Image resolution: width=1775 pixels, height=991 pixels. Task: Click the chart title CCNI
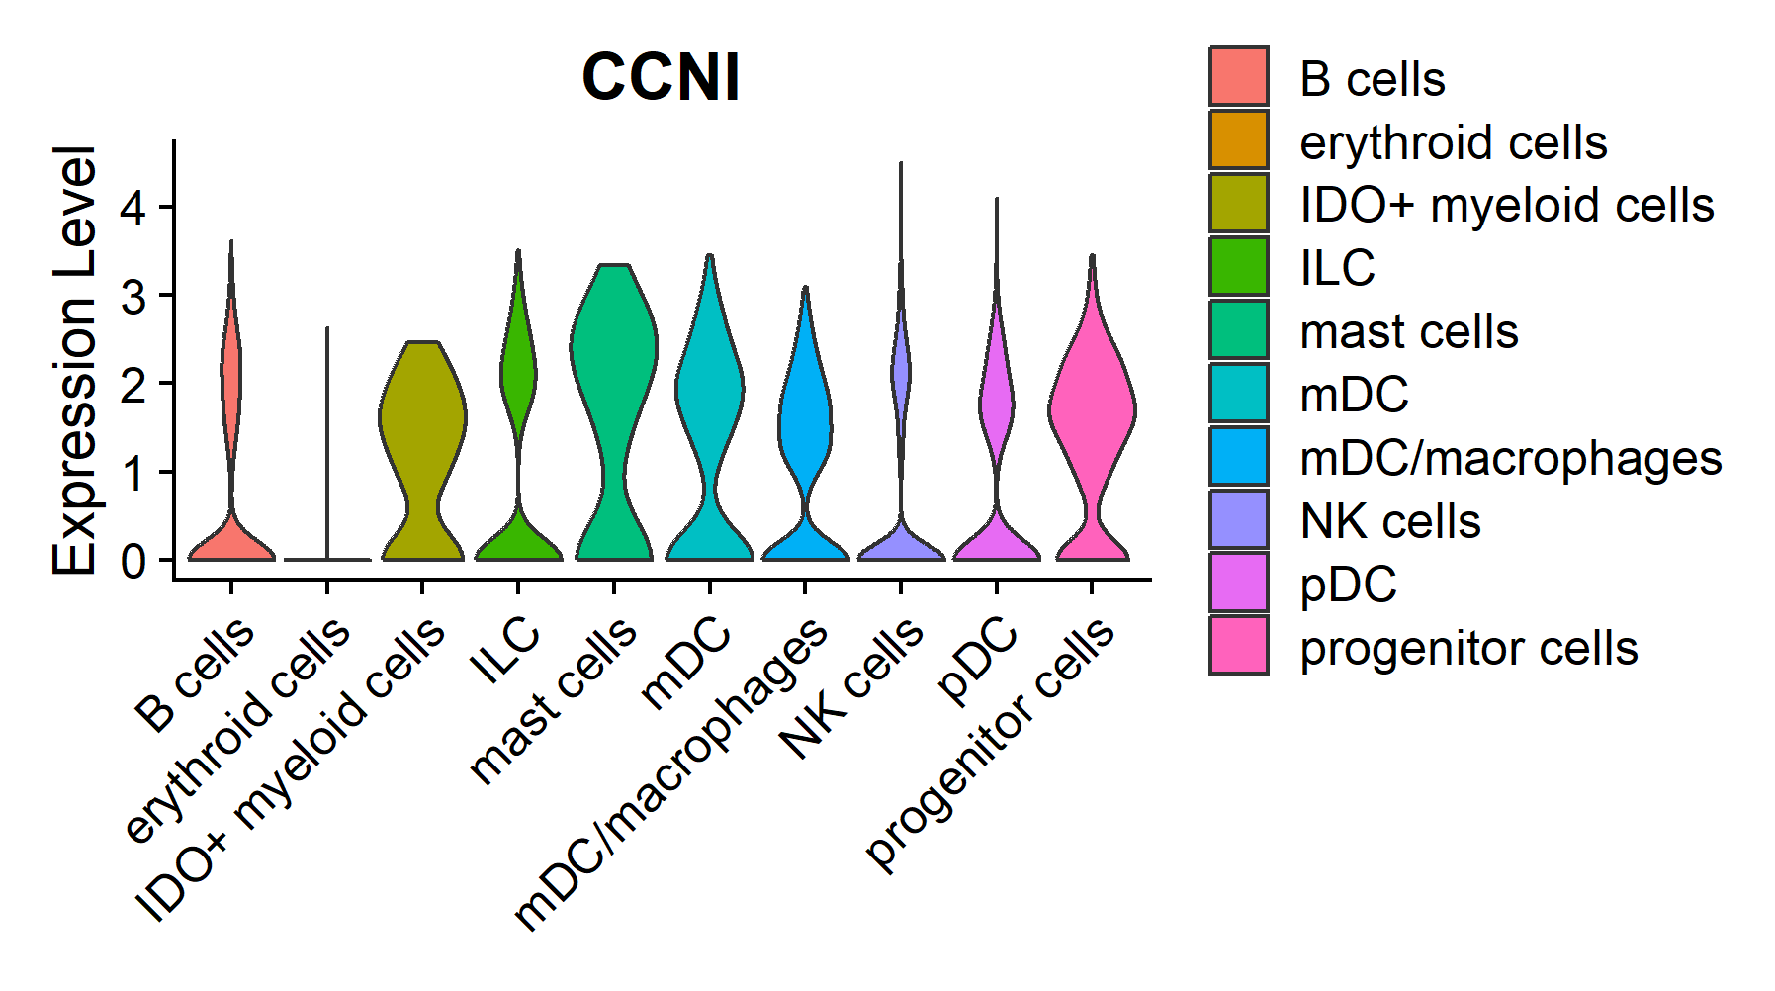click(x=661, y=77)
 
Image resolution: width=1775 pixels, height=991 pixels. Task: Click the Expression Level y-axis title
click(x=74, y=360)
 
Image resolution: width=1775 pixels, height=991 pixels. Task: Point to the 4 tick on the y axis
click(x=134, y=208)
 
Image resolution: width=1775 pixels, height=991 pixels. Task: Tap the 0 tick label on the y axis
click(x=134, y=561)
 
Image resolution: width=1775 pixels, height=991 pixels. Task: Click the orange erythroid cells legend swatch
click(x=1238, y=140)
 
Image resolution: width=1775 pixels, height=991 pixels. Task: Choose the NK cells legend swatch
click(x=1238, y=519)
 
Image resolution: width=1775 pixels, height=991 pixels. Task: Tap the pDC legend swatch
click(x=1238, y=583)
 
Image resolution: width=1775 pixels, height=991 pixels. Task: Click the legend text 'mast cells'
click(x=1408, y=331)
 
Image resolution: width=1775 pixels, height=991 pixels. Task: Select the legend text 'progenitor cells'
click(x=1468, y=648)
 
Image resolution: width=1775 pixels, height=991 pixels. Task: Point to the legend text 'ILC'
click(x=1337, y=268)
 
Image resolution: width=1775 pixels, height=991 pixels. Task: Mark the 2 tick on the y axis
click(x=134, y=384)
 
